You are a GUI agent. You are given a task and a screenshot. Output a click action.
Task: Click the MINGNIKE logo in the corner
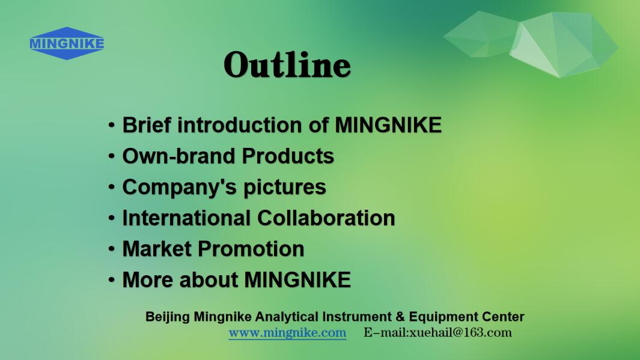67,43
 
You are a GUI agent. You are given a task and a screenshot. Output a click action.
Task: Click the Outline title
287,64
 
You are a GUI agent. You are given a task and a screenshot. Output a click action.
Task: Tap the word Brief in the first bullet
147,125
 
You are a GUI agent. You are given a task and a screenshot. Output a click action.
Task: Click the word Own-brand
178,156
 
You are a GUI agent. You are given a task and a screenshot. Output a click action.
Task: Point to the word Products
288,156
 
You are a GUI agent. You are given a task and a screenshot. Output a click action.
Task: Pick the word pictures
284,188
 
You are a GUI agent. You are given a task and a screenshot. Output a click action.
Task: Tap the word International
186,218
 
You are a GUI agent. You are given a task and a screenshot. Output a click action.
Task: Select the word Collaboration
326,218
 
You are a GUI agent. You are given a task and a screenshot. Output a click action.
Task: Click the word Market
157,249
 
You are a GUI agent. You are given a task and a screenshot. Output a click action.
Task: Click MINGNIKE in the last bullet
297,280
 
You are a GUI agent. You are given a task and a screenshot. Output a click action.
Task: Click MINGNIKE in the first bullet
388,125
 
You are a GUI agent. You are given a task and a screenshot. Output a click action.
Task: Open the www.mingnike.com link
287,333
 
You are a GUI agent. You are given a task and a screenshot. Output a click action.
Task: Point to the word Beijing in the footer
167,317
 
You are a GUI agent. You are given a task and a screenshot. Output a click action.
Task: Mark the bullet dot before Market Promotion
111,249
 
